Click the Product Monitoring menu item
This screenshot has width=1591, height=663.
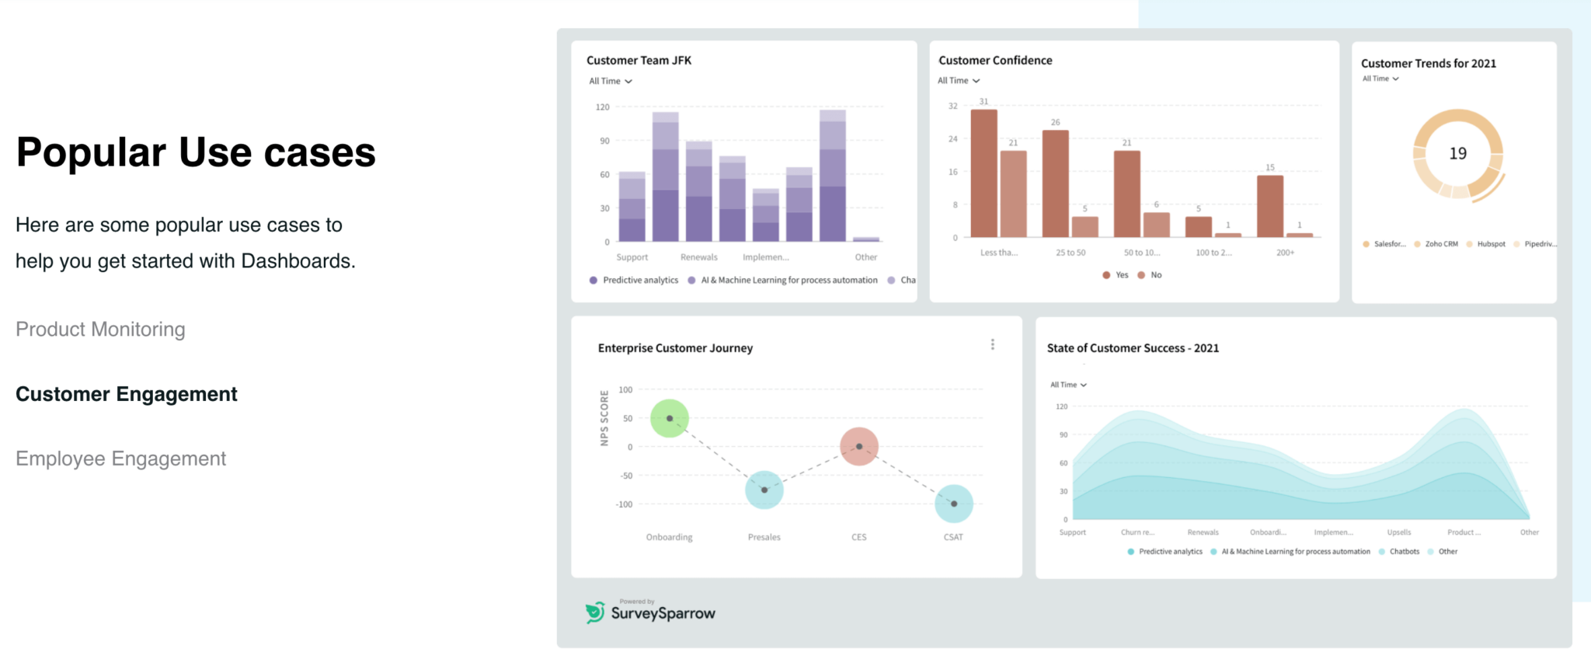pyautogui.click(x=100, y=330)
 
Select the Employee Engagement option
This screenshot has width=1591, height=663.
pyautogui.click(x=120, y=459)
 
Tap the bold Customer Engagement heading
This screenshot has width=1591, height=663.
pyautogui.click(x=127, y=394)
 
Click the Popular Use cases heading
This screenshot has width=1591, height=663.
pyautogui.click(x=196, y=152)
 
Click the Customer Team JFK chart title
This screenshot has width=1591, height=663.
pyautogui.click(x=639, y=61)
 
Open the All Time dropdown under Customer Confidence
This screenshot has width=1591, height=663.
pyautogui.click(x=959, y=81)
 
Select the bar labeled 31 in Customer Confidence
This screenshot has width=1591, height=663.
pyautogui.click(x=983, y=173)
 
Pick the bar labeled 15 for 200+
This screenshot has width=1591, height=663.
pyautogui.click(x=1269, y=206)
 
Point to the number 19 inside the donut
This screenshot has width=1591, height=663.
pyautogui.click(x=1457, y=154)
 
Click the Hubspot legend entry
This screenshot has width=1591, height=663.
pyautogui.click(x=1486, y=244)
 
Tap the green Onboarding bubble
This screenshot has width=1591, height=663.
pyautogui.click(x=669, y=418)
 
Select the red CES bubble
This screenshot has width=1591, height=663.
pyautogui.click(x=858, y=446)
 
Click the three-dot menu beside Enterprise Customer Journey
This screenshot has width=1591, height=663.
pyautogui.click(x=992, y=344)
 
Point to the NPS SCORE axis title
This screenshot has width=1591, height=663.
pyautogui.click(x=604, y=418)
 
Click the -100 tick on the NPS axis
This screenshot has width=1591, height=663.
pyautogui.click(x=625, y=504)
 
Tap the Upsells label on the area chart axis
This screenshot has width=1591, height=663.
pyautogui.click(x=1398, y=532)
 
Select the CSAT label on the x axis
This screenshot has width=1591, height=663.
pyautogui.click(x=953, y=537)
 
